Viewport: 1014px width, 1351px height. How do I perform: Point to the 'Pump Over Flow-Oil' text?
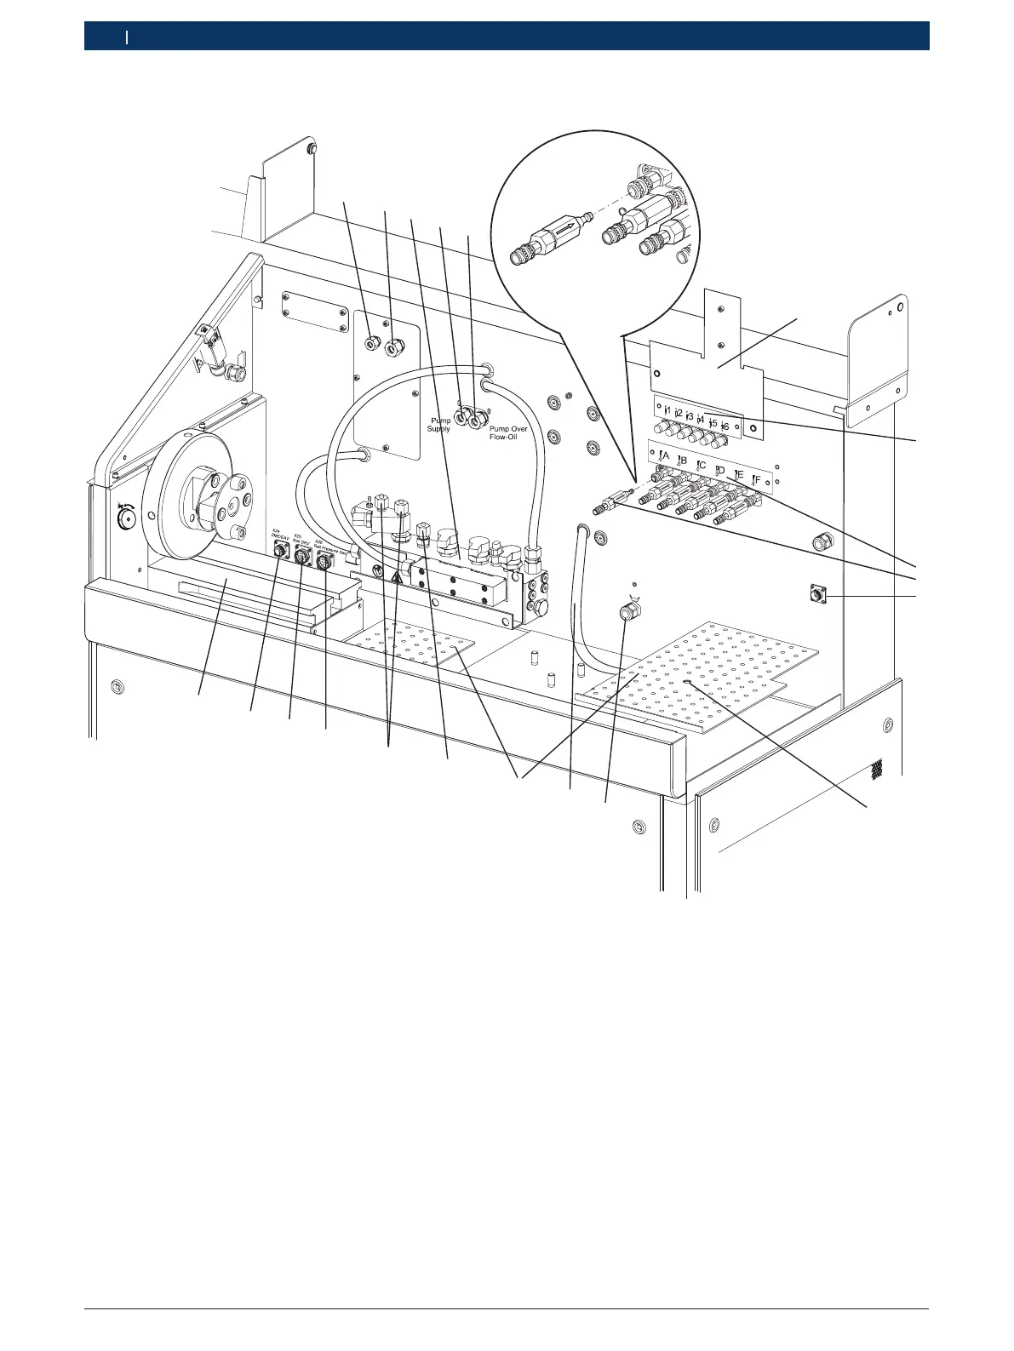click(x=508, y=432)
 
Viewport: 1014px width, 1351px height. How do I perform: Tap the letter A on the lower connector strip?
click(x=665, y=455)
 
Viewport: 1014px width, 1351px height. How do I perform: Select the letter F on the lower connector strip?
click(x=756, y=479)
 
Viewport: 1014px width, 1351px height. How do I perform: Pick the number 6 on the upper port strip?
click(x=725, y=426)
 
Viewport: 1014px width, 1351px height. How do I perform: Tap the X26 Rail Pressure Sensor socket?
click(x=324, y=563)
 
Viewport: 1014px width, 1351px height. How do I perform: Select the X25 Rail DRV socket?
click(x=302, y=557)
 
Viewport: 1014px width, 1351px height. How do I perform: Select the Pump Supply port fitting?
click(x=461, y=417)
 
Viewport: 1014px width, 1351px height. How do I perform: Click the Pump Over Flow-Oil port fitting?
click(x=477, y=417)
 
